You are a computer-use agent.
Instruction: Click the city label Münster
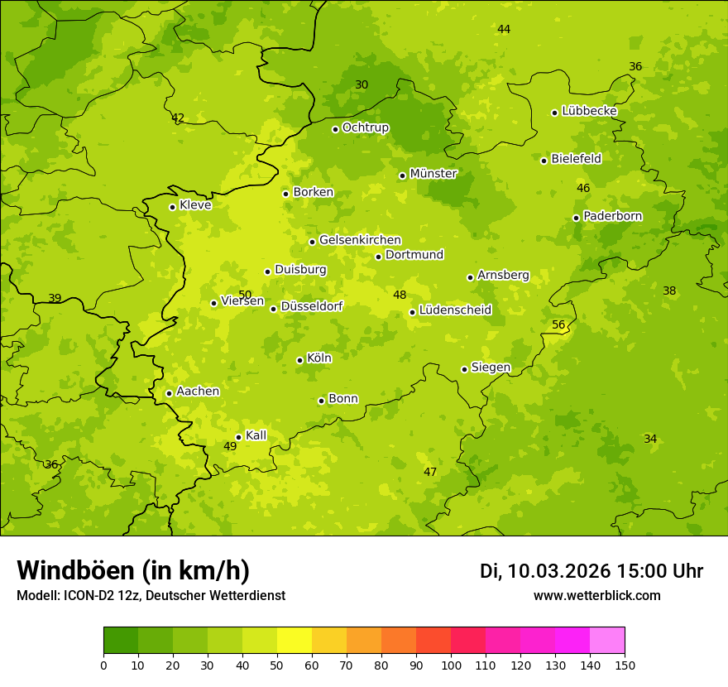coord(433,174)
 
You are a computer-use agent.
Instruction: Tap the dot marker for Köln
coord(299,360)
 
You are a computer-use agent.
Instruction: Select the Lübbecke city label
coord(589,111)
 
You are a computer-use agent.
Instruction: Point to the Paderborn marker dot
coord(576,218)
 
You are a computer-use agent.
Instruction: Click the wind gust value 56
coord(558,324)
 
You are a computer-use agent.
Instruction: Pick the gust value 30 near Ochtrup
coord(362,84)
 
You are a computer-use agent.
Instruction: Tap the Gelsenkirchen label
coord(360,240)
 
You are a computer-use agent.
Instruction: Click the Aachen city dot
coord(169,393)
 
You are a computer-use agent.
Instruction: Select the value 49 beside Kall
coord(230,446)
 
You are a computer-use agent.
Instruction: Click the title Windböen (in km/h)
coord(133,570)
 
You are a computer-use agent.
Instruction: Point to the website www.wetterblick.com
coord(596,596)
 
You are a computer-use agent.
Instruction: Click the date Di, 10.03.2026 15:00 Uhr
coord(591,571)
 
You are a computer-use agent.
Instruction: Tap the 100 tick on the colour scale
coord(451,665)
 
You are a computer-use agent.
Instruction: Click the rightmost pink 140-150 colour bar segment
coord(607,641)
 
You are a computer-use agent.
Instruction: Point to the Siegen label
coord(491,368)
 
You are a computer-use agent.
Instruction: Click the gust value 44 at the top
coord(504,29)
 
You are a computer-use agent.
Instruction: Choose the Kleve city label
coord(195,205)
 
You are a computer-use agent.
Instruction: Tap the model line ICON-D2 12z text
coord(151,596)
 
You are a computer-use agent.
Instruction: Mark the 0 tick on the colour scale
coord(103,665)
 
